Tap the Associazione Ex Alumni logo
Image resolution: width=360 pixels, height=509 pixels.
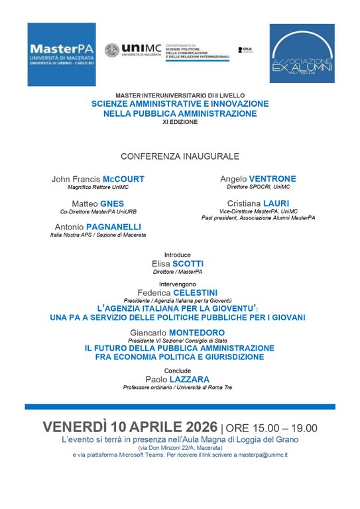(302, 55)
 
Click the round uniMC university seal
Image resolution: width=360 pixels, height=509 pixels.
(113, 52)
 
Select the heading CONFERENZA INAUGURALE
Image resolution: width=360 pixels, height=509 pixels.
(180, 156)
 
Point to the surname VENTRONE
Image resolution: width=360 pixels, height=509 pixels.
(272, 178)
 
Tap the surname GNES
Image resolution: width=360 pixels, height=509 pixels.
(109, 203)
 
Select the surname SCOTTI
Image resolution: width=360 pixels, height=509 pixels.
(189, 263)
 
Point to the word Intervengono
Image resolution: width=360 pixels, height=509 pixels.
(180, 284)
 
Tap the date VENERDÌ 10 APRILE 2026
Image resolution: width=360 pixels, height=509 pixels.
(130, 427)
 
